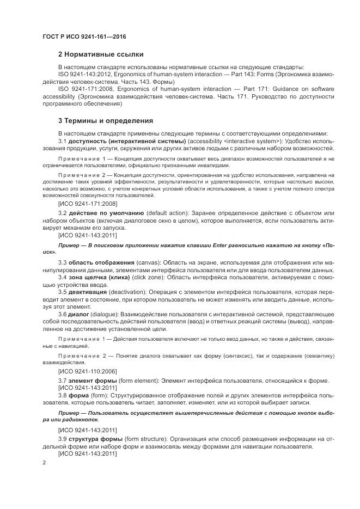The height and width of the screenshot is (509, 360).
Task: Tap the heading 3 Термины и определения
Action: pos(105,120)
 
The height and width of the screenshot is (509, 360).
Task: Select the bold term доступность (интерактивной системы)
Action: pos(127,142)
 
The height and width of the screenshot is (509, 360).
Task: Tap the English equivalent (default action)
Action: pos(167,213)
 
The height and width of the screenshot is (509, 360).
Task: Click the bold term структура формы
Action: pos(96,438)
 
